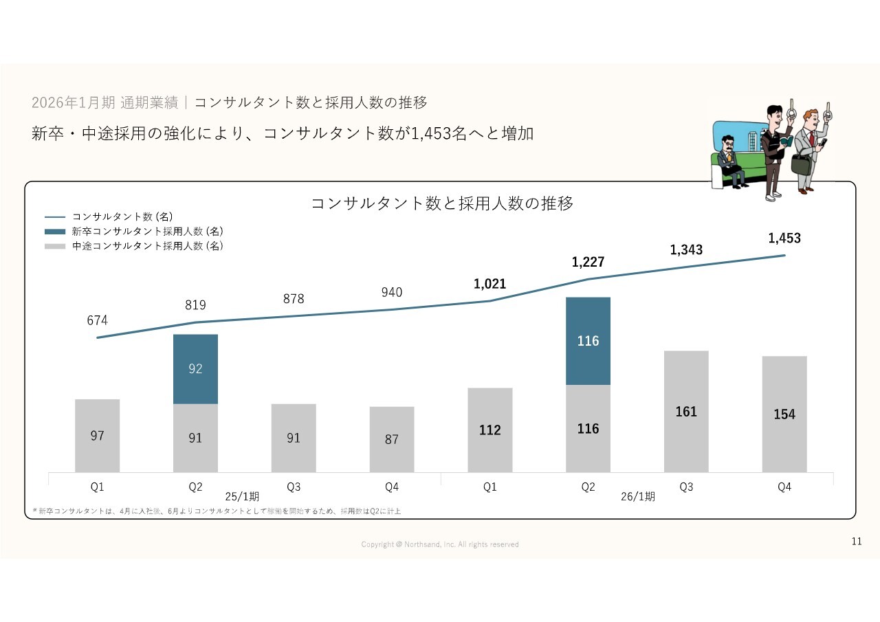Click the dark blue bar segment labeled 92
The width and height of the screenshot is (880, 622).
click(195, 369)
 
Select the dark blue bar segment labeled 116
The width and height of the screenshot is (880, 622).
click(588, 341)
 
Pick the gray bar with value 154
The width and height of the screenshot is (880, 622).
click(784, 414)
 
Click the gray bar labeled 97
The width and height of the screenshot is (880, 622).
click(98, 435)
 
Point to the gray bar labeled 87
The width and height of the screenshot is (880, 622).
click(392, 439)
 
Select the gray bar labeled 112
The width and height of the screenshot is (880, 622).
click(490, 430)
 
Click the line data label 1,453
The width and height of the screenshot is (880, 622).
click(784, 238)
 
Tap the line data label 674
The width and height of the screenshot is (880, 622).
click(98, 320)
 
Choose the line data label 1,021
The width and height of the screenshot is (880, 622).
click(490, 284)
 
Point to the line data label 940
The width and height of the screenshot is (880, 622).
click(392, 293)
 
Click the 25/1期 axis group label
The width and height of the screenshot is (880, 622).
click(243, 496)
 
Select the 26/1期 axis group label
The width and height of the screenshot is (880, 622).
click(638, 496)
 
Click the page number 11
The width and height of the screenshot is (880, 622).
click(857, 542)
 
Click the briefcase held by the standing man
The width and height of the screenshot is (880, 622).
click(801, 164)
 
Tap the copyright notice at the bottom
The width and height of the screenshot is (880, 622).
click(440, 544)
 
